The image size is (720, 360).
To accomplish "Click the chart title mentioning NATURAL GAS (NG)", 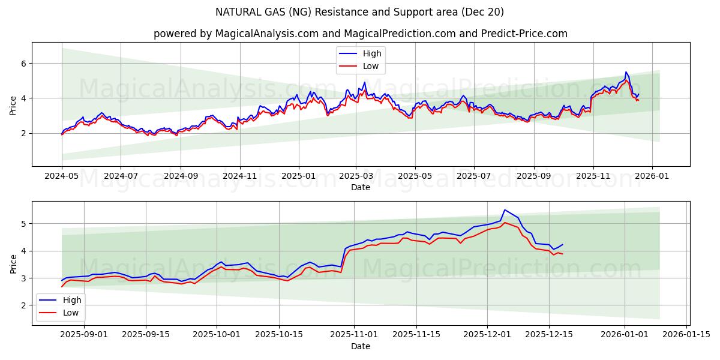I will point(359,12).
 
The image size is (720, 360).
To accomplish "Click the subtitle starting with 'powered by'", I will point(360,34).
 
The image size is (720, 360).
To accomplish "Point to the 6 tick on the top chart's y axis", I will point(24,63).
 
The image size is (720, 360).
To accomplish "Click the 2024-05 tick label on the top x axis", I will point(62,176).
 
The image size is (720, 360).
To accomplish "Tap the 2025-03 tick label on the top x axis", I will point(356,176).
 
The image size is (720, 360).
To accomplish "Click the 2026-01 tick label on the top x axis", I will point(652,176).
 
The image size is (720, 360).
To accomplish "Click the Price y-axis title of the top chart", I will point(13,105).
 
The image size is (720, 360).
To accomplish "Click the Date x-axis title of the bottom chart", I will point(360,346).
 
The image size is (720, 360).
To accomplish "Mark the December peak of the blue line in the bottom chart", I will point(505,209).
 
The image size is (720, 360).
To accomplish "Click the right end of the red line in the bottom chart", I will point(562,254).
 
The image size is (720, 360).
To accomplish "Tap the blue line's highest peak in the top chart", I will point(626,72).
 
